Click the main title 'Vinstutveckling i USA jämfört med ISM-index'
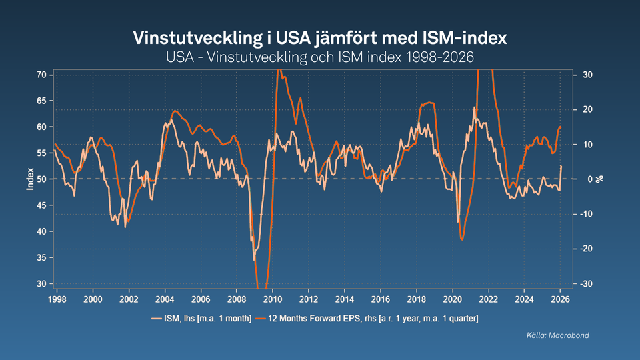(x=320, y=37)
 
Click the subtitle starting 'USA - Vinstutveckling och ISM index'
(x=320, y=57)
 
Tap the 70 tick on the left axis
(x=41, y=75)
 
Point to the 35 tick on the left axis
(x=41, y=258)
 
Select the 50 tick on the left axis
(x=41, y=179)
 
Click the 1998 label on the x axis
(x=57, y=300)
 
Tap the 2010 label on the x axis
(x=273, y=300)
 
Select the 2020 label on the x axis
(x=453, y=300)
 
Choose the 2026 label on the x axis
(x=561, y=300)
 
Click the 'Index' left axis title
(x=29, y=179)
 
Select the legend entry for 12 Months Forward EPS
(x=373, y=319)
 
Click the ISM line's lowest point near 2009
(x=254, y=259)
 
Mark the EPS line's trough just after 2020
(x=462, y=239)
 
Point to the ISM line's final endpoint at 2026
(x=561, y=166)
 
